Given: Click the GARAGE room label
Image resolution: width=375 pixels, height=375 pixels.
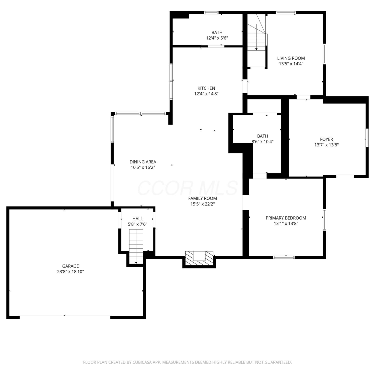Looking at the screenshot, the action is point(70,266).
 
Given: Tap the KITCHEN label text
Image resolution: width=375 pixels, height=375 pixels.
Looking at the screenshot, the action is point(206,88).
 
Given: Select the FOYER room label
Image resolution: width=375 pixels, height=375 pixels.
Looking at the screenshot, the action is point(326,139).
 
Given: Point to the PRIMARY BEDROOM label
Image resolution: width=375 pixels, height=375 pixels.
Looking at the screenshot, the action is point(286,218).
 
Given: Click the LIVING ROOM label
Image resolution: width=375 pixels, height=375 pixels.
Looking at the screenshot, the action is point(291,58).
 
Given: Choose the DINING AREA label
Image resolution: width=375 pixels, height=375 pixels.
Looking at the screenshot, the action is point(143,162).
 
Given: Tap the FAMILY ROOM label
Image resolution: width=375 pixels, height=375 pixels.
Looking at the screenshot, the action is point(202,198).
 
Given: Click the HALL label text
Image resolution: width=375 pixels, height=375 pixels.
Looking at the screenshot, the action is point(137,219).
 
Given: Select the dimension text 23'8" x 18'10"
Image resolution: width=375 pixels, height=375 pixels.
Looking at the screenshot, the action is point(70,271).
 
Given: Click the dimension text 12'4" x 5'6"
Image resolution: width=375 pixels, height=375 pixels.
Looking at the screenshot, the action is point(217,38).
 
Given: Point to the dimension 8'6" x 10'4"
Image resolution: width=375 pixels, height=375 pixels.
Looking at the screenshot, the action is point(262,141).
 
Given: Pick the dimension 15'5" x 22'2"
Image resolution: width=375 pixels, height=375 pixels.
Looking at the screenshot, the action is point(202,204).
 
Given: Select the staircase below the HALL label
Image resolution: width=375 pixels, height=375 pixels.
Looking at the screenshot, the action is point(136,246).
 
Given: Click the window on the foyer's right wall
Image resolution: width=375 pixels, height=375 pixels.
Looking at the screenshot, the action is point(367,137).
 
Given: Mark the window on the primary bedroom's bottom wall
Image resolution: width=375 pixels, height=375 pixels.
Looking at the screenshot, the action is point(284,257).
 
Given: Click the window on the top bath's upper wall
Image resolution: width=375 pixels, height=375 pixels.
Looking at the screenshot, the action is point(211,13).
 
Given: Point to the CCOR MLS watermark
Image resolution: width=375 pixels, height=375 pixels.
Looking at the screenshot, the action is point(187,188).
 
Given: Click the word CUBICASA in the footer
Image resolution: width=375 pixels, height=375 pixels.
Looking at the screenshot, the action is point(142,362).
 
